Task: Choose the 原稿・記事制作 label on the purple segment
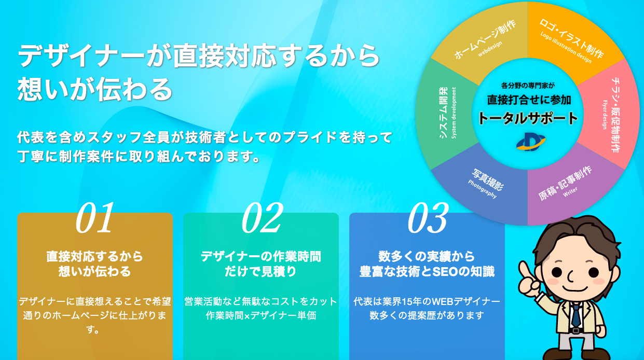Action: [565, 184]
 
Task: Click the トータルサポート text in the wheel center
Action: [528, 118]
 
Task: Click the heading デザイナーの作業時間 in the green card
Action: [261, 256]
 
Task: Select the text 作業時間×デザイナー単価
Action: [261, 315]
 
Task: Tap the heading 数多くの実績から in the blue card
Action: [427, 256]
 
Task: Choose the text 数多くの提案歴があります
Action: [427, 315]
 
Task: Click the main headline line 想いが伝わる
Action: [95, 89]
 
